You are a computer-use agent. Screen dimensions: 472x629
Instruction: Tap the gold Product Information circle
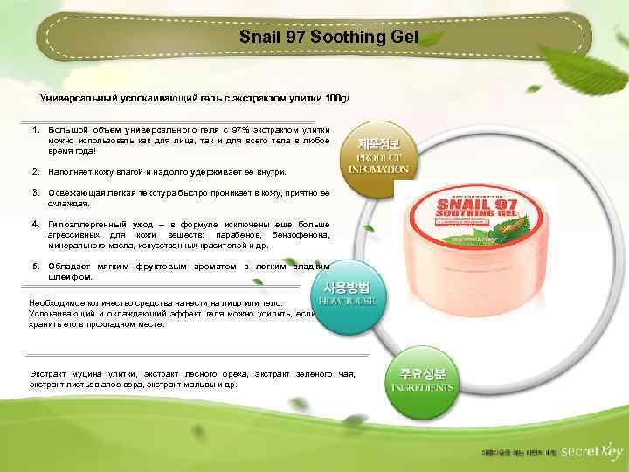tap(377, 155)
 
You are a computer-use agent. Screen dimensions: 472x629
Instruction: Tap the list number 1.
tap(35, 129)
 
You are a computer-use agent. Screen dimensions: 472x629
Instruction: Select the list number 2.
tap(35, 173)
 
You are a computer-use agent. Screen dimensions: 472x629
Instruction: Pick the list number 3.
tap(35, 191)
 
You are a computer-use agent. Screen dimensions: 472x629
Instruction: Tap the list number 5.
tap(35, 266)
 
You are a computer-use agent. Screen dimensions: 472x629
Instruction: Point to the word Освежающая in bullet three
tap(71, 191)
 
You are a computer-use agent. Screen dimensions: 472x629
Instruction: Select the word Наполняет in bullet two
tap(68, 173)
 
